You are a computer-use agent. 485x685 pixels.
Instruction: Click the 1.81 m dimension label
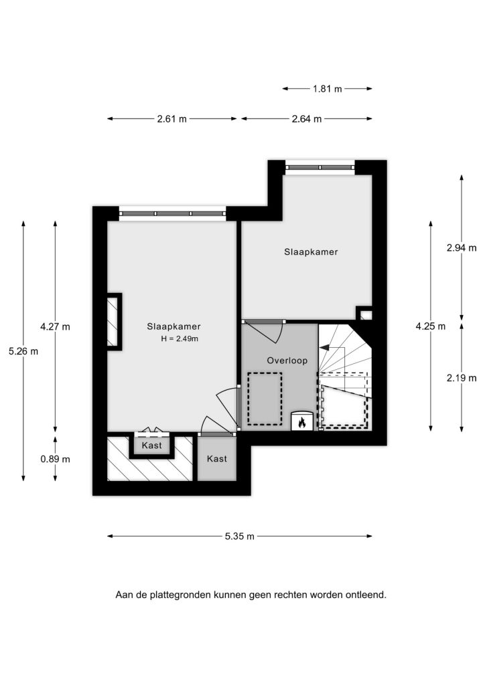click(x=327, y=89)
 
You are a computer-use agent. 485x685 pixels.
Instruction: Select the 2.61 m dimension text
click(x=172, y=119)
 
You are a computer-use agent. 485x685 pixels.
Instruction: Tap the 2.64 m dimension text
click(x=307, y=119)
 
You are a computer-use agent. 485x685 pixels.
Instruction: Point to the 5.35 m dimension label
click(x=240, y=536)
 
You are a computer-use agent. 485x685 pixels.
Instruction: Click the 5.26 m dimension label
click(x=23, y=351)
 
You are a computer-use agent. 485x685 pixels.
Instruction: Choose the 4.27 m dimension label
click(x=55, y=326)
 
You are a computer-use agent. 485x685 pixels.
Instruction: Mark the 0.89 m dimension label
click(x=55, y=459)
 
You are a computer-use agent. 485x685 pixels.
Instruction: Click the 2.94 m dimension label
click(x=462, y=248)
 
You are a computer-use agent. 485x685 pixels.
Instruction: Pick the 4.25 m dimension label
click(x=431, y=326)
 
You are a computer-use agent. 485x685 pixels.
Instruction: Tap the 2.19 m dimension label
click(x=462, y=379)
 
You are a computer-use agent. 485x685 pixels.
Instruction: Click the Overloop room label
click(x=287, y=361)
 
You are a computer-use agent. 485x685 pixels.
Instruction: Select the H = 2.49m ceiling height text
click(x=180, y=338)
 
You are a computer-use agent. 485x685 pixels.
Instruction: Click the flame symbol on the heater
click(x=301, y=423)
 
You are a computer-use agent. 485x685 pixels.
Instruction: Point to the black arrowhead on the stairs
click(x=324, y=348)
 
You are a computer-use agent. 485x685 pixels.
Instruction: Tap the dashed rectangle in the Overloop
click(x=265, y=399)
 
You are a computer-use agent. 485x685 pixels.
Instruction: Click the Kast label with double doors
click(x=152, y=446)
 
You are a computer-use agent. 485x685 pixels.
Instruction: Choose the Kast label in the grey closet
click(x=217, y=459)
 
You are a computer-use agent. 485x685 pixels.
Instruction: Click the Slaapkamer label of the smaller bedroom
click(x=311, y=252)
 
